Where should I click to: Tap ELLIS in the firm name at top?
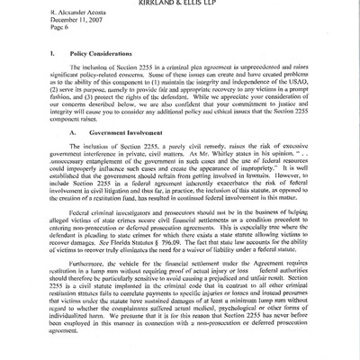(x=214, y=3)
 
